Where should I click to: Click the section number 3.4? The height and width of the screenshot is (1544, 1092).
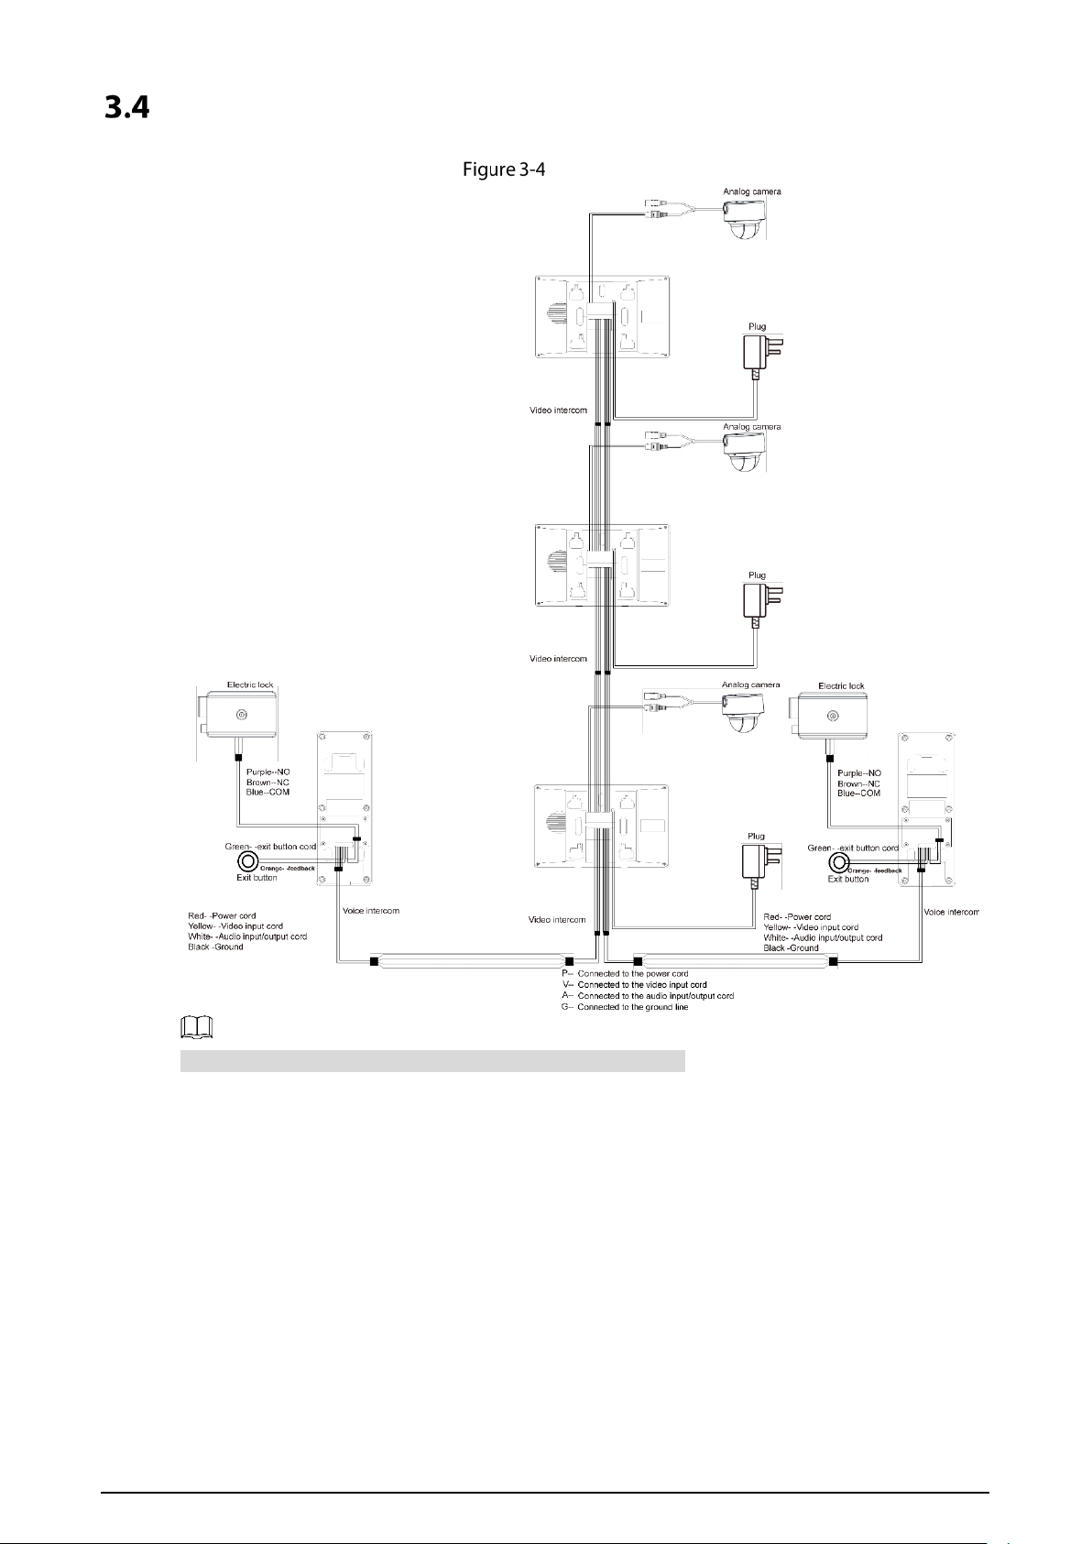pyautogui.click(x=126, y=108)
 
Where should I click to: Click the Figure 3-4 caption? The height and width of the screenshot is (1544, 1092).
pyautogui.click(x=504, y=169)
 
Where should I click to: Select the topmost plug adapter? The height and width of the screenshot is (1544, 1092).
pyautogui.click(x=762, y=356)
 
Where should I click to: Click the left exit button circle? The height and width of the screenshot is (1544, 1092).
pyautogui.click(x=248, y=861)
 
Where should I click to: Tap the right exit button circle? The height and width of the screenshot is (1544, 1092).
pyautogui.click(x=838, y=862)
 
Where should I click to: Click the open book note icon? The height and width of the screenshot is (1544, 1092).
pyautogui.click(x=196, y=1028)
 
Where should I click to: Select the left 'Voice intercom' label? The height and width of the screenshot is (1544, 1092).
pyautogui.click(x=371, y=911)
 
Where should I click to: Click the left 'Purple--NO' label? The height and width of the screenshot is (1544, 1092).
pyautogui.click(x=268, y=772)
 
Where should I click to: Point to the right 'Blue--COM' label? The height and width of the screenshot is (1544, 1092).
pyautogui.click(x=859, y=794)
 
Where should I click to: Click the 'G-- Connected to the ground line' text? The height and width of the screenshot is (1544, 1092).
pyautogui.click(x=625, y=1007)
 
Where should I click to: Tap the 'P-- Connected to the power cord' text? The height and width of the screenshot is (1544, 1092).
pyautogui.click(x=625, y=974)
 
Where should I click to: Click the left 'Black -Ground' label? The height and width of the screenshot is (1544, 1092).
pyautogui.click(x=215, y=947)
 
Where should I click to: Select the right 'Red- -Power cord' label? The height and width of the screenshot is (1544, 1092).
pyautogui.click(x=797, y=916)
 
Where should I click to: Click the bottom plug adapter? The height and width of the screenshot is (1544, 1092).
pyautogui.click(x=761, y=865)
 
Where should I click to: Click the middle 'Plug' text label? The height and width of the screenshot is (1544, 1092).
pyautogui.click(x=758, y=575)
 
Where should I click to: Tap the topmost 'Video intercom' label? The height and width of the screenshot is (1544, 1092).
pyautogui.click(x=558, y=411)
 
